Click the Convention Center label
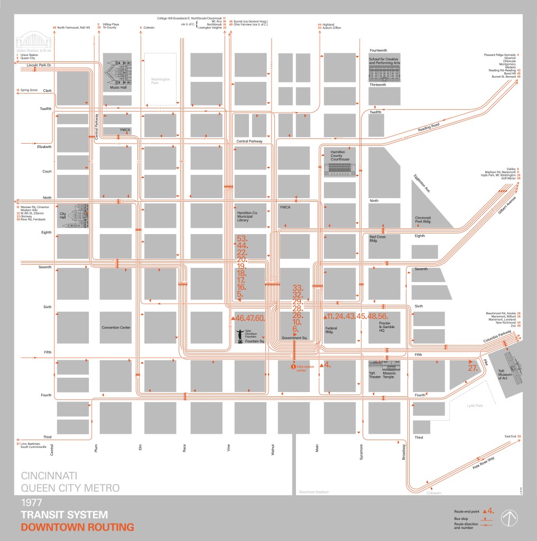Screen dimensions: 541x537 tap(116, 328)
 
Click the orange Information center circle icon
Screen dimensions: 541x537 tap(293, 366)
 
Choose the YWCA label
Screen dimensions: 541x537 tap(285, 207)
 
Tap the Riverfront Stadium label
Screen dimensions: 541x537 tap(313, 492)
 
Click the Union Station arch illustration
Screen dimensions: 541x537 tap(28, 42)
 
